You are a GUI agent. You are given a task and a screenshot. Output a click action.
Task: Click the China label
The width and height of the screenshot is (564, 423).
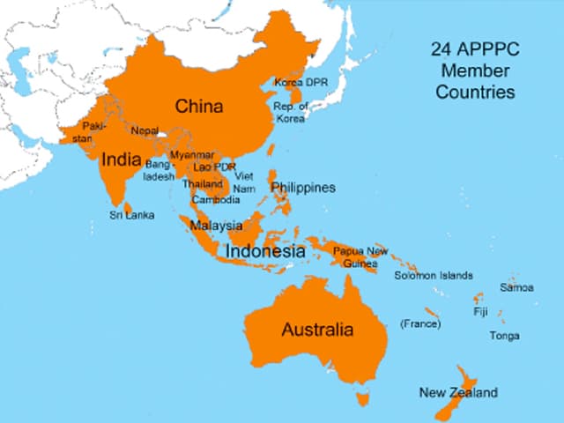pos(198,107)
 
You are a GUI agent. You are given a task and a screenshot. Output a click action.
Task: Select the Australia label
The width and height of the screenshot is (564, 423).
pos(317,330)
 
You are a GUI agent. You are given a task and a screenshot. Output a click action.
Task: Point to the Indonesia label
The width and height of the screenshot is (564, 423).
pos(265,251)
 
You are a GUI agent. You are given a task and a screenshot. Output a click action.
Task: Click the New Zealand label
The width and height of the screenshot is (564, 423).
pos(458,392)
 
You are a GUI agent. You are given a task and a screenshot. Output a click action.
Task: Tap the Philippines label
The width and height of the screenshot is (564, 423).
pos(303,188)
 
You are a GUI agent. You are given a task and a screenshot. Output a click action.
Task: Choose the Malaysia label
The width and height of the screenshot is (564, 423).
pos(216,226)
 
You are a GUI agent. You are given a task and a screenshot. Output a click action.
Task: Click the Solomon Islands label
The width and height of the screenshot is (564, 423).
pos(433,276)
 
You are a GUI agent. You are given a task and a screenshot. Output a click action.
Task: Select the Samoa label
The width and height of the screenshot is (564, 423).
pos(516,287)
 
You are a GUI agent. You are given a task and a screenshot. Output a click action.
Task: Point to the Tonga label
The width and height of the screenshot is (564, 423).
pos(505,336)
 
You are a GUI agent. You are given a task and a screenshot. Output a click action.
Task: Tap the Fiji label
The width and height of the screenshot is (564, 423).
pos(480,312)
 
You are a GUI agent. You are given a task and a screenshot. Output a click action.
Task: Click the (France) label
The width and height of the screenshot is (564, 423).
pos(420,324)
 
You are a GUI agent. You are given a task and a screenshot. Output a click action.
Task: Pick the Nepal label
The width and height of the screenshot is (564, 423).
pos(145,130)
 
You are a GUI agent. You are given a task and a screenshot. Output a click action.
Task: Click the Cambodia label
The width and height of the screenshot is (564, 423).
pos(216,199)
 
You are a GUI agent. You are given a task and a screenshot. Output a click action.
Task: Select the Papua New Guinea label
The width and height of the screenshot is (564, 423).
pos(360,257)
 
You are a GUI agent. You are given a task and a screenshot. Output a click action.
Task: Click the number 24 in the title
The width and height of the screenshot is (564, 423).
pos(441,50)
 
